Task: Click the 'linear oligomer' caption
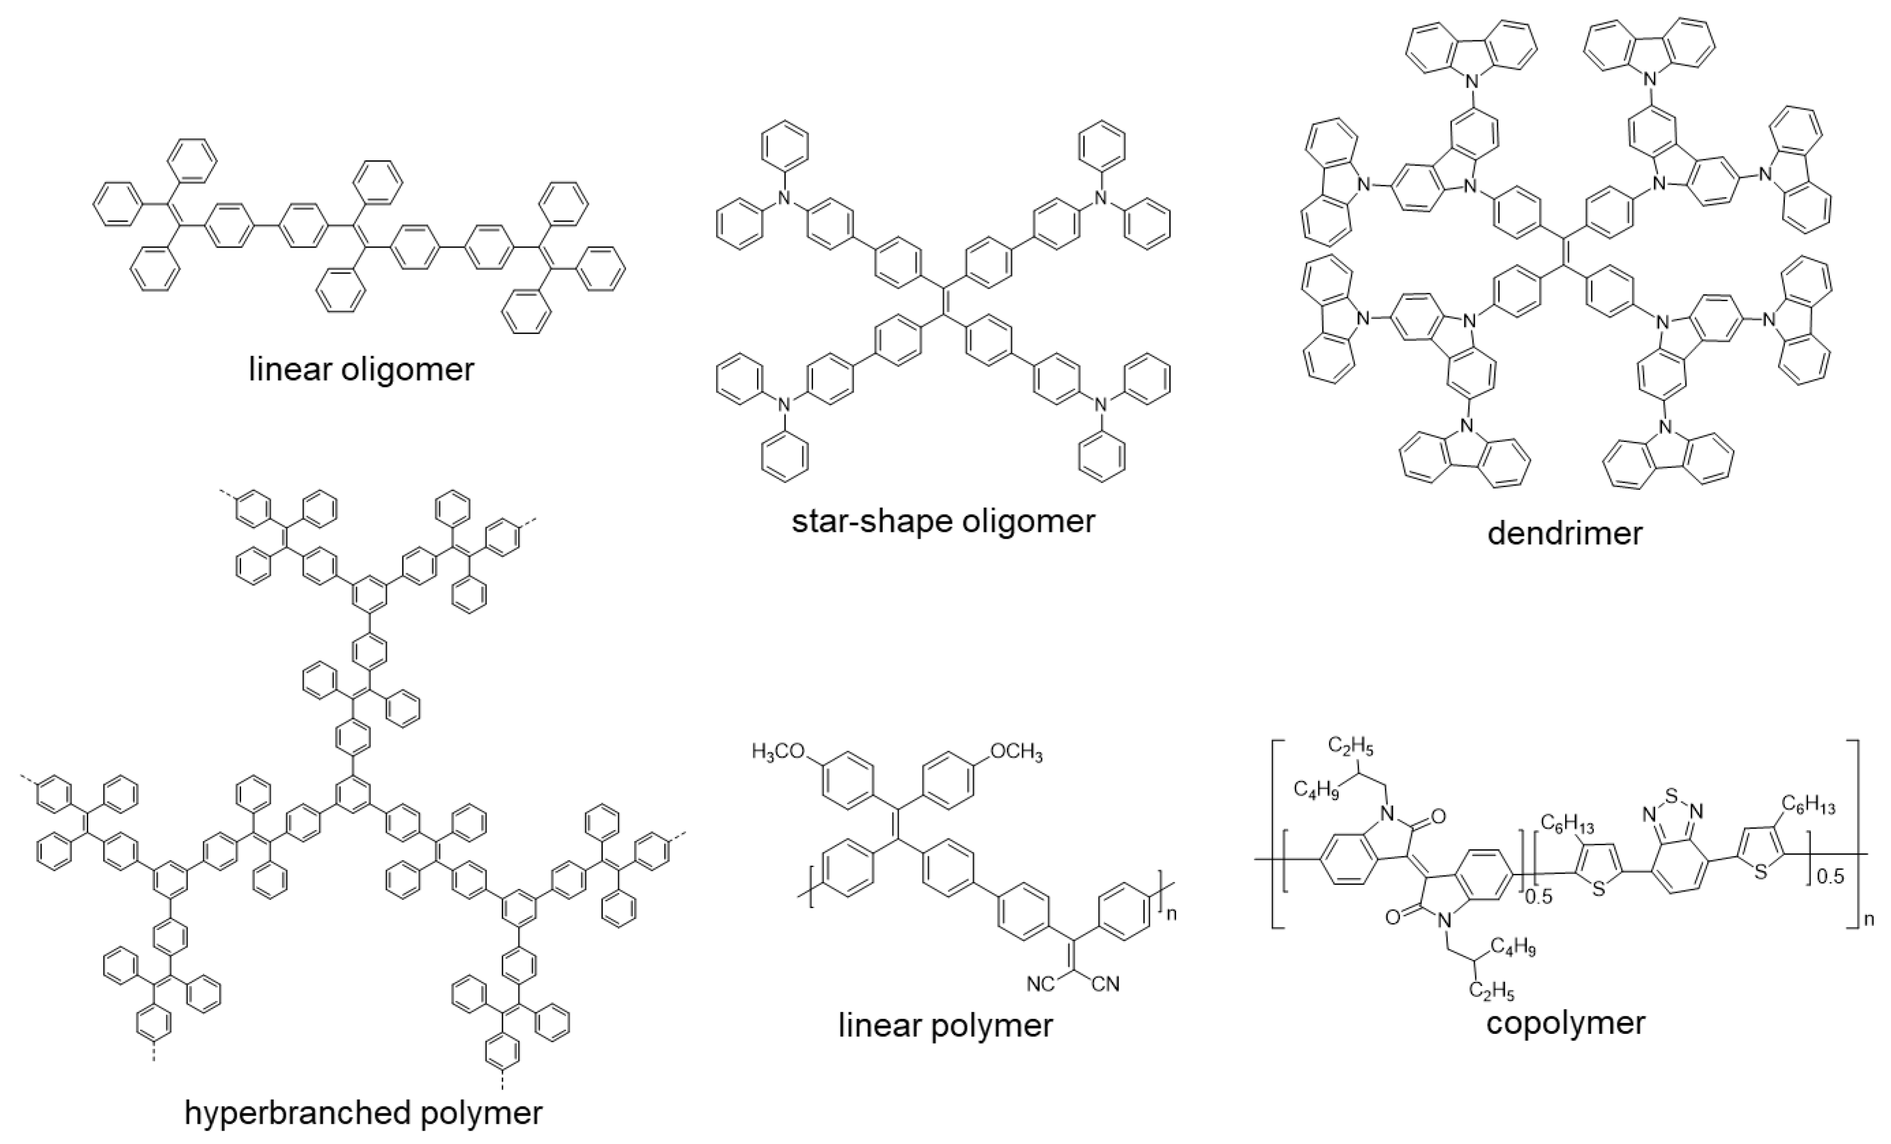click(x=361, y=369)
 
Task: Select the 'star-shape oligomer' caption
click(x=943, y=522)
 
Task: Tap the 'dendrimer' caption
click(x=1565, y=533)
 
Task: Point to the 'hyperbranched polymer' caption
click(x=363, y=1112)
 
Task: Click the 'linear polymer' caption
click(x=945, y=1026)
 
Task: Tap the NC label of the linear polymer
click(x=1041, y=984)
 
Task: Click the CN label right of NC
click(x=1105, y=984)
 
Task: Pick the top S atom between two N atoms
click(x=1674, y=787)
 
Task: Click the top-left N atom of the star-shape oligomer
click(x=783, y=198)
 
